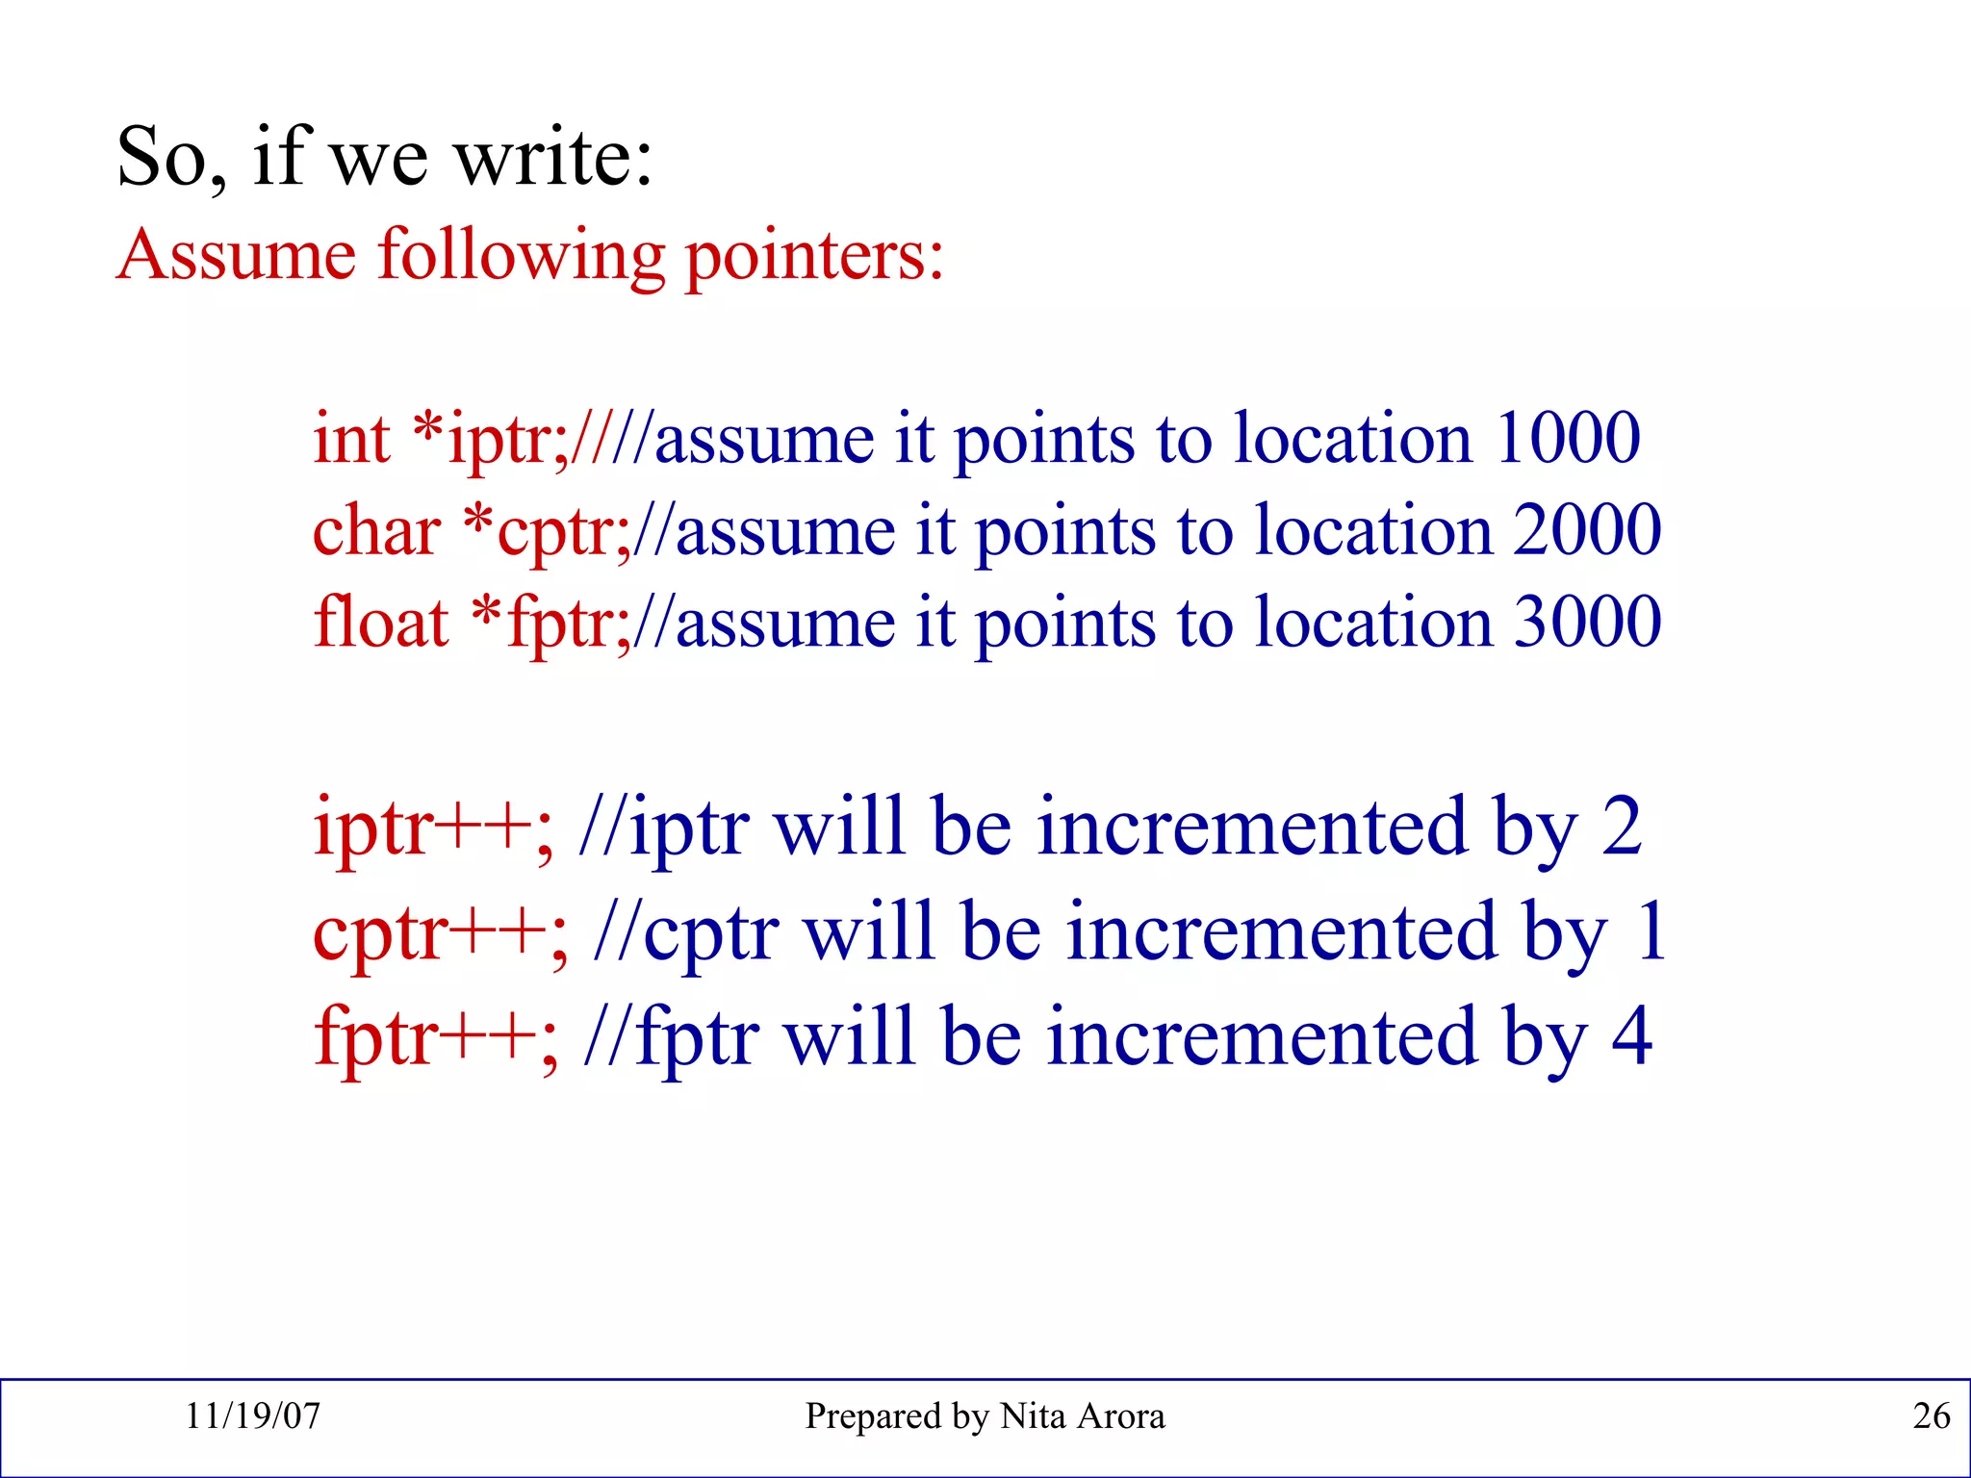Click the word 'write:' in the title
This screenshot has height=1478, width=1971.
click(553, 157)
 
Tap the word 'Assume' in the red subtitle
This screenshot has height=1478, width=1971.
click(237, 256)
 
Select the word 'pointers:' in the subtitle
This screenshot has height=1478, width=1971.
click(814, 256)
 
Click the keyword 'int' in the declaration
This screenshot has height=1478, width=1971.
click(351, 439)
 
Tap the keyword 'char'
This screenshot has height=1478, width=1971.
click(376, 531)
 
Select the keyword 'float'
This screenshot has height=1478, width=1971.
click(381, 623)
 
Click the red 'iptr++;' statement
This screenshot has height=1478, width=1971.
click(433, 828)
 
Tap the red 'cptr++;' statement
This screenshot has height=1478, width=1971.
click(440, 932)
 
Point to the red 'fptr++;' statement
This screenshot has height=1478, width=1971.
click(436, 1037)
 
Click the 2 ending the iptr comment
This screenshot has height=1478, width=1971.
click(1622, 828)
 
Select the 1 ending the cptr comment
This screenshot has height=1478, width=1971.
click(1651, 932)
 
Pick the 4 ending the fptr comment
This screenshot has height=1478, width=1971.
click(1632, 1037)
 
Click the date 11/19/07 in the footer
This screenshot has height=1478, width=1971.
click(252, 1416)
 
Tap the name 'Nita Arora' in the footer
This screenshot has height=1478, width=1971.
click(1082, 1416)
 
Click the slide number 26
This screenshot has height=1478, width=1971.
click(1931, 1416)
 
